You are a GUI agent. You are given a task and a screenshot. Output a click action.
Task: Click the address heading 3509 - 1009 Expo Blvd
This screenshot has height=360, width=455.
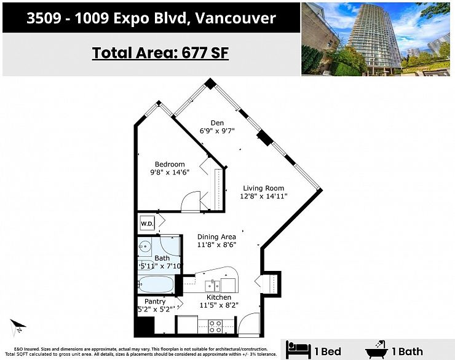pyautogui.click(x=151, y=18)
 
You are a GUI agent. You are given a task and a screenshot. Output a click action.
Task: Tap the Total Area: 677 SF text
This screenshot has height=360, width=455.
pyautogui.click(x=160, y=53)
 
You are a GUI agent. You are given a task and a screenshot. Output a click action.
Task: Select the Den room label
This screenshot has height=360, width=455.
pyautogui.click(x=217, y=122)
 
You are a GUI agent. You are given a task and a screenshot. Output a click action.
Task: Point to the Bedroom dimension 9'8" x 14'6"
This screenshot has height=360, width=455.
pyautogui.click(x=170, y=173)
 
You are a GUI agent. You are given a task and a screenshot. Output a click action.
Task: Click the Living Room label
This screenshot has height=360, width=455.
pyautogui.click(x=263, y=188)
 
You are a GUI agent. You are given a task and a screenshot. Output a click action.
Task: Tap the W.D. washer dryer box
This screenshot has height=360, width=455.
pyautogui.click(x=148, y=223)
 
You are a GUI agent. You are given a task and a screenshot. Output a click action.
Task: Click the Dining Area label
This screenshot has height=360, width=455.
pyautogui.click(x=216, y=237)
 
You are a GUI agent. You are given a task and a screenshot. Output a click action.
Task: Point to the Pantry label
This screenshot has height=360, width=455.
pyautogui.click(x=154, y=302)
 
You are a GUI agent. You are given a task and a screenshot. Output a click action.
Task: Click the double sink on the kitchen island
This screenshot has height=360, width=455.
pyautogui.click(x=213, y=285)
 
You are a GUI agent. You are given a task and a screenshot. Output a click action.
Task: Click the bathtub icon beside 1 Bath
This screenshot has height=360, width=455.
pyautogui.click(x=377, y=350)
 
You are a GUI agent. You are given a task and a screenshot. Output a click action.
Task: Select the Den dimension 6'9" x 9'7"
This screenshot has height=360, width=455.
pyautogui.click(x=217, y=130)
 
